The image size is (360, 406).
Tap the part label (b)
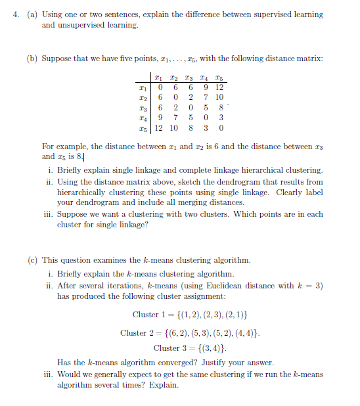click(x=32, y=58)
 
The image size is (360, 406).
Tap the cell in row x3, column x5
click(x=221, y=108)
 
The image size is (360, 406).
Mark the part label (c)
click(x=32, y=260)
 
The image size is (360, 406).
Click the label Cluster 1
click(x=146, y=315)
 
